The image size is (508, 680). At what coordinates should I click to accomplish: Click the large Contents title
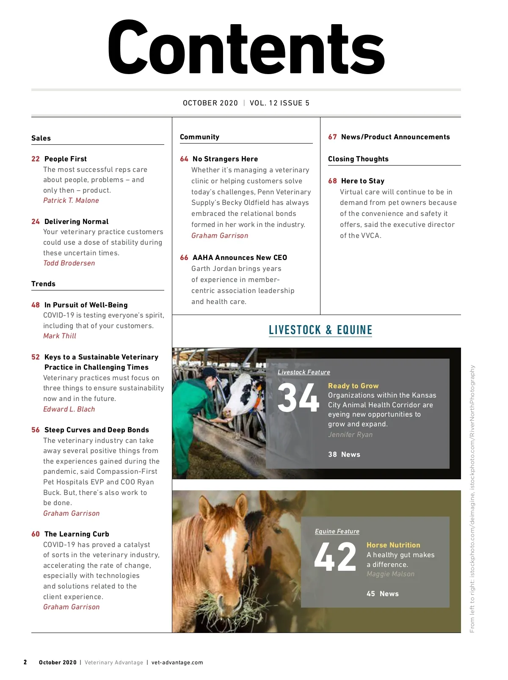[x=246, y=48]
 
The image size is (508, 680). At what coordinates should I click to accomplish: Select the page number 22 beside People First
[x=36, y=159]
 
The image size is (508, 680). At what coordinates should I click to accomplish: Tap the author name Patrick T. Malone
[x=71, y=200]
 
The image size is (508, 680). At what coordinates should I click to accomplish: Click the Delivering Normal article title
[x=76, y=221]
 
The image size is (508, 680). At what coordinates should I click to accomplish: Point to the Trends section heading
[x=43, y=284]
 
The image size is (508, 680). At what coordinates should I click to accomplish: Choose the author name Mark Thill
[x=60, y=336]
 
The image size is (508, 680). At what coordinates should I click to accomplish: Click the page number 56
[x=36, y=430]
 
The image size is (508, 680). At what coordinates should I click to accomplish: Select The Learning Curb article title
[x=77, y=534]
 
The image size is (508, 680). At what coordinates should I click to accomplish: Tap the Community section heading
[x=199, y=137]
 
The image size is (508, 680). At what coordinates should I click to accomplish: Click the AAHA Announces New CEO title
[x=240, y=257]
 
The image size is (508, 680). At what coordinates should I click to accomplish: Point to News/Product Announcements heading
[x=395, y=137]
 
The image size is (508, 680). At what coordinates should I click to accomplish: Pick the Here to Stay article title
[x=363, y=181]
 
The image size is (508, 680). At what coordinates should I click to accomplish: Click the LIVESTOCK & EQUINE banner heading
[x=320, y=330]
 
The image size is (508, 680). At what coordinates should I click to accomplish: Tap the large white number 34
[x=298, y=398]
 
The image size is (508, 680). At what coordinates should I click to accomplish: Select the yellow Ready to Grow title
[x=353, y=386]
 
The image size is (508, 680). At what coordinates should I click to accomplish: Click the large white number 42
[x=335, y=557]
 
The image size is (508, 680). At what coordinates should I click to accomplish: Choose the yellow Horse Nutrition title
[x=393, y=545]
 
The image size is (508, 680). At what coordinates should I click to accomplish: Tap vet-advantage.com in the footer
[x=177, y=662]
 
